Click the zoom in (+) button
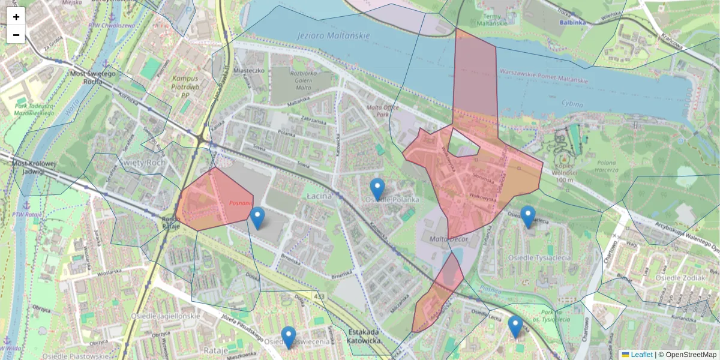[x=16, y=17]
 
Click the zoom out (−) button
[x=16, y=35]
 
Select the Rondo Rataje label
[x=172, y=223]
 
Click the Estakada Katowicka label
[x=364, y=337]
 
